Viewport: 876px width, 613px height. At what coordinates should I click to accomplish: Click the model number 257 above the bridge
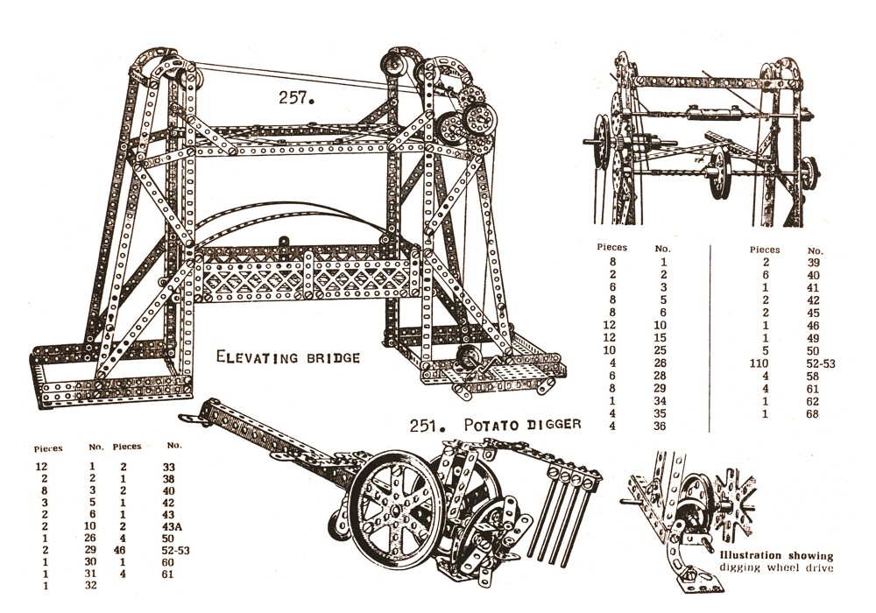tap(297, 98)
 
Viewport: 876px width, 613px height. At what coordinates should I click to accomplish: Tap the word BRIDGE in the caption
tap(329, 357)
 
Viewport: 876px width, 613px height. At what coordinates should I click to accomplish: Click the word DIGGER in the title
tap(554, 425)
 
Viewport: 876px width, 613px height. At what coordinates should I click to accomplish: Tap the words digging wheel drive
tap(774, 568)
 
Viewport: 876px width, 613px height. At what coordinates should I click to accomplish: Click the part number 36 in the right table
tap(663, 426)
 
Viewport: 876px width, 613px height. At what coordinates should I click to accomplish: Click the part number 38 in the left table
tap(169, 480)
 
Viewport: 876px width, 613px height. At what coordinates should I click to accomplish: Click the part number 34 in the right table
tap(663, 401)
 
